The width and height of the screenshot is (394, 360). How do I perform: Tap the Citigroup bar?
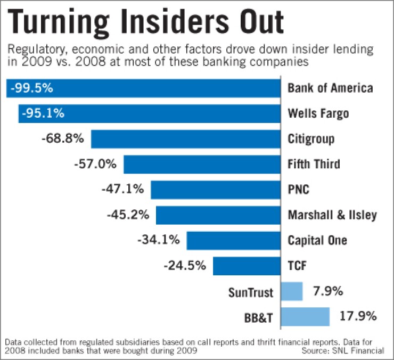[x=186, y=139]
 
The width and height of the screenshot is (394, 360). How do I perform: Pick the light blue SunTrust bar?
[x=292, y=291]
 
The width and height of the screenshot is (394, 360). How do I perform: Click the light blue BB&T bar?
[x=305, y=316]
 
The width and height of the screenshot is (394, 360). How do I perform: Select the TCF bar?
[x=247, y=266]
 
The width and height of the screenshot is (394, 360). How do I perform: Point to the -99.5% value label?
[x=31, y=88]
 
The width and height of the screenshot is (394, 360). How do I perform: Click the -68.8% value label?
[x=62, y=138]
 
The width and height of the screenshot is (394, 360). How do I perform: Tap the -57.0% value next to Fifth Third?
[x=95, y=164]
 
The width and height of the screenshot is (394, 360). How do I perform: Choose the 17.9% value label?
[x=358, y=316]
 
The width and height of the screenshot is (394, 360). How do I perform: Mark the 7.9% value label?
[x=327, y=291]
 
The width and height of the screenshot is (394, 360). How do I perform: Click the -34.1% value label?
[x=158, y=240]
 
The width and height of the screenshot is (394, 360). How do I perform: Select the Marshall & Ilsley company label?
[x=332, y=215]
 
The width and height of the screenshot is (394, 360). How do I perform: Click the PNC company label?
[x=298, y=190]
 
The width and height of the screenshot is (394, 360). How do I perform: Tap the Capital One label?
[x=317, y=240]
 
